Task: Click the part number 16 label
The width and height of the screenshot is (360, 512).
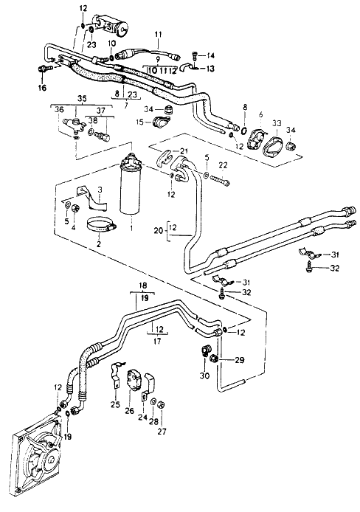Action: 43,88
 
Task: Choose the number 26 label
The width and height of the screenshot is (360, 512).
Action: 129,410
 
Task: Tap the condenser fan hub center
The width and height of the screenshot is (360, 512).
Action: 50,460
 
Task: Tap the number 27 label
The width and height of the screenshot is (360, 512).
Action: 162,432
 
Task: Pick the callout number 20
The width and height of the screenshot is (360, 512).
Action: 159,231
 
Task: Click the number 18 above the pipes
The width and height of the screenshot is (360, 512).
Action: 143,286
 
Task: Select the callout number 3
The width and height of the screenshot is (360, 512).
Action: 100,189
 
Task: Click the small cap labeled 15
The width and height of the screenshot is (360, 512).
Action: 160,122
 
